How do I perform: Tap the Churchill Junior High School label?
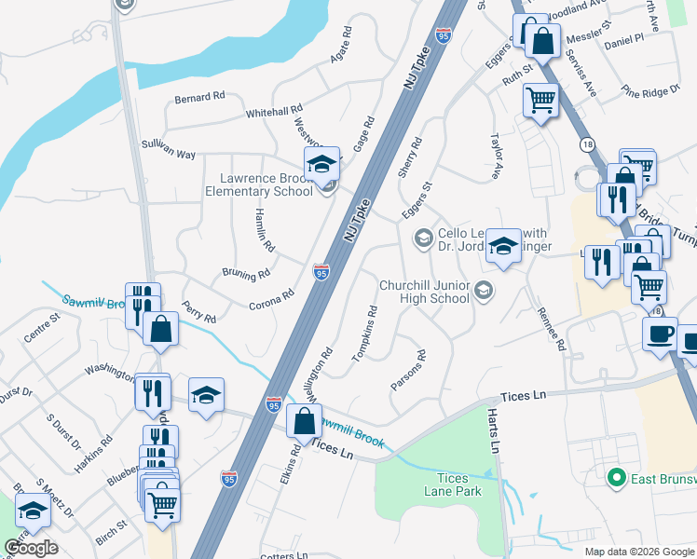pos(424,292)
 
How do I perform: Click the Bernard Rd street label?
pos(200,96)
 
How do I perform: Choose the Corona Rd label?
pos(271,300)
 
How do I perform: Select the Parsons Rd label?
pos(408,370)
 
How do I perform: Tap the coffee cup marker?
pos(660,333)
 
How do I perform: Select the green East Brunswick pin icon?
pos(615,479)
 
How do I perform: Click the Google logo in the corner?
pos(31,548)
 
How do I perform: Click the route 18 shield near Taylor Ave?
pos(586,144)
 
